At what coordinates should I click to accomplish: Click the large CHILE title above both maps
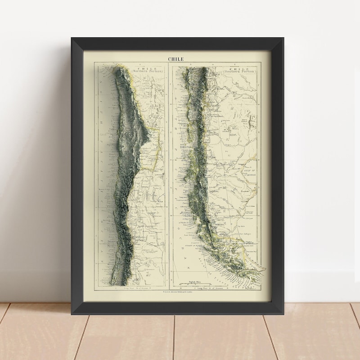[176, 58]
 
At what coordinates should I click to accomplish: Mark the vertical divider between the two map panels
[168, 175]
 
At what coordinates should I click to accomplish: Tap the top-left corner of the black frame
[72, 39]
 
